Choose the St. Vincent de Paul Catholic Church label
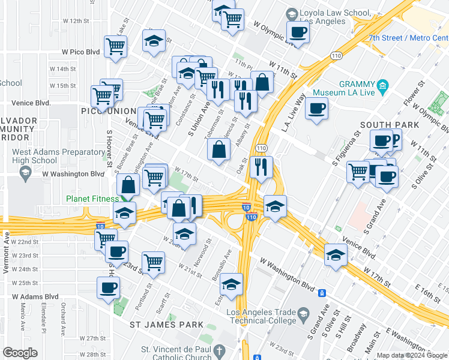176,353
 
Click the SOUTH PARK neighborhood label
384,125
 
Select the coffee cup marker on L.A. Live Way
316,109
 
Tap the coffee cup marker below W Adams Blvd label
108,288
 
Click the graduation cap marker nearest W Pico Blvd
154,41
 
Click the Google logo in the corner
20,353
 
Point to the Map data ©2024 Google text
411,355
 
